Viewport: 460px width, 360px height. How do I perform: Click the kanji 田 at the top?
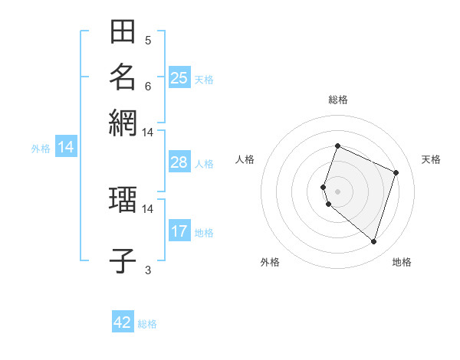[123, 32]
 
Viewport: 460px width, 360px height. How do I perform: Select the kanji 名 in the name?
[123, 77]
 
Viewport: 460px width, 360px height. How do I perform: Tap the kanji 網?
[123, 122]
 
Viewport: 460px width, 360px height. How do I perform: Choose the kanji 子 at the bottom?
[123, 260]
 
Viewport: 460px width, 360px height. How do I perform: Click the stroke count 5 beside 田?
[148, 40]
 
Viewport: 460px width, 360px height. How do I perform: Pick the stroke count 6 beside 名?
[148, 85]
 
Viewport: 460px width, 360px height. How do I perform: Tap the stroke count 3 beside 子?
[148, 269]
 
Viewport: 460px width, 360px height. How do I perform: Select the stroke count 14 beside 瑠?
[147, 208]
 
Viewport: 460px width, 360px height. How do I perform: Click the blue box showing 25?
[179, 77]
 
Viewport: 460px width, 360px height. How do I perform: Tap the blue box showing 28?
[179, 162]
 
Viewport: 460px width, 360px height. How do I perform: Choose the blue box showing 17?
[179, 231]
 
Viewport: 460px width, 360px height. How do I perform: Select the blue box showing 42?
[123, 322]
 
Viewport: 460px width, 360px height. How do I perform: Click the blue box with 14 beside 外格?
[66, 147]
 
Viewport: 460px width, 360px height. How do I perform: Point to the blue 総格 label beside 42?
[147, 324]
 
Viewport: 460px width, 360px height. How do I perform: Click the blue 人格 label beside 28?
[204, 164]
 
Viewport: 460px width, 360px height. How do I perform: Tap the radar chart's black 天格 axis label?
[431, 159]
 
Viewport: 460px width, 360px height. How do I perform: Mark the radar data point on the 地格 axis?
[373, 242]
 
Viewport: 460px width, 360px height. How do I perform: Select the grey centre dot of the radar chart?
[337, 191]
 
